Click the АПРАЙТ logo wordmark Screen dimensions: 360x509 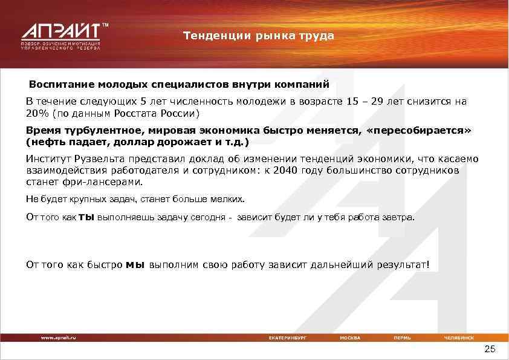pos(61,31)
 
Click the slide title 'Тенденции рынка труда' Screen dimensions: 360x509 pos(259,36)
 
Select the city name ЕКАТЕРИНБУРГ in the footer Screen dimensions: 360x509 pos(287,337)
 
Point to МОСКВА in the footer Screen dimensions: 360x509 pos(350,337)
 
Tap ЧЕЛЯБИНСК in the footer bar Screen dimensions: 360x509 pos(459,337)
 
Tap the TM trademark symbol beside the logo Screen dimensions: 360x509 pos(105,25)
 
